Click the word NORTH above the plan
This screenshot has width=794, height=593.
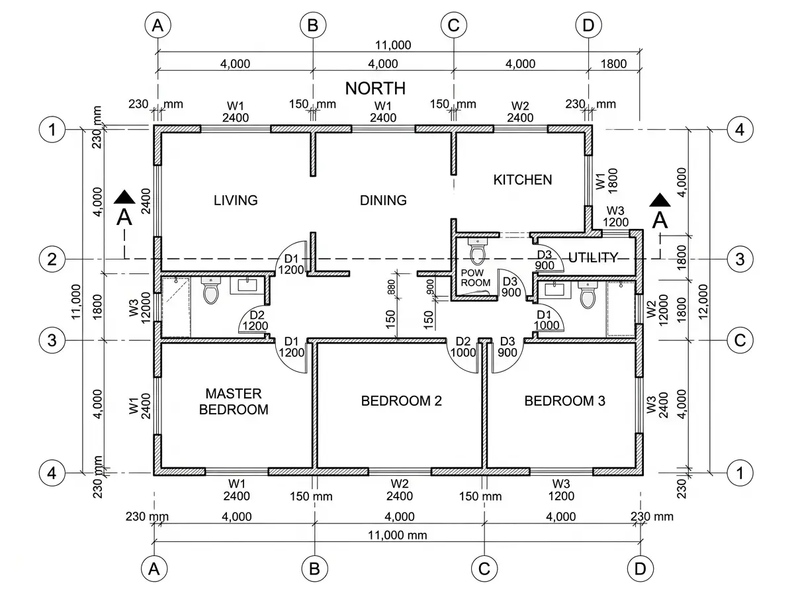[375, 88]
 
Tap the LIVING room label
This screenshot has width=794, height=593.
[236, 200]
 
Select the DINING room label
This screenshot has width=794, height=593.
[383, 200]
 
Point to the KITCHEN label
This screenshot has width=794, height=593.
[523, 180]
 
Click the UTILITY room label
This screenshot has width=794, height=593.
[593, 257]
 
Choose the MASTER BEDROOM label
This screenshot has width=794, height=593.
[234, 401]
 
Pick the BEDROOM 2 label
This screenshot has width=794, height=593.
[401, 401]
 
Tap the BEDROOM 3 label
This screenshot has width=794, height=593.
[564, 401]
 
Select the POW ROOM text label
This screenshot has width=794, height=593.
[475, 277]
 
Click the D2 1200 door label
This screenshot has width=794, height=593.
[255, 320]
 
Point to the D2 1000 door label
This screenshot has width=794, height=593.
[463, 347]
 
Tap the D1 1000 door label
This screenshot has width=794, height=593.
[547, 320]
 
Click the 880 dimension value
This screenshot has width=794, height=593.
[391, 287]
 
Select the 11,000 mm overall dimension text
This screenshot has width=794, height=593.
[397, 535]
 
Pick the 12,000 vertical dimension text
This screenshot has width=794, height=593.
[703, 302]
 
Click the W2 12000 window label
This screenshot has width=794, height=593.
[657, 310]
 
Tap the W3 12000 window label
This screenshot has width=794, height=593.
[139, 308]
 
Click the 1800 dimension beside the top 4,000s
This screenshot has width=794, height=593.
[613, 64]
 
